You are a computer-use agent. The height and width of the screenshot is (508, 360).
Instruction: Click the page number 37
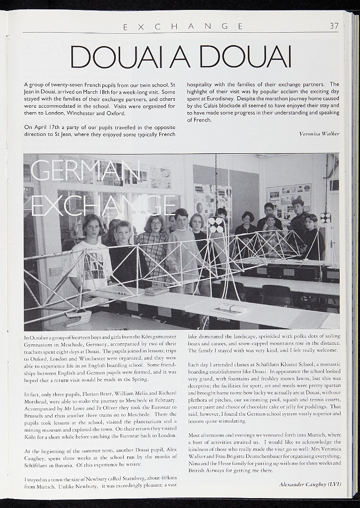pos(334,26)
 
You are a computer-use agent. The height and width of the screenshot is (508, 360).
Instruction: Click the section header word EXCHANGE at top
pos(183,26)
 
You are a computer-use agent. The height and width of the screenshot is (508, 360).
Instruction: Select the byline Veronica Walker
pos(319,134)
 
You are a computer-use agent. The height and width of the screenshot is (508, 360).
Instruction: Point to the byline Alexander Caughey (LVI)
pos(310,484)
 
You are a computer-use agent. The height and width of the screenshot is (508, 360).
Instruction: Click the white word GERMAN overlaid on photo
pos(85,171)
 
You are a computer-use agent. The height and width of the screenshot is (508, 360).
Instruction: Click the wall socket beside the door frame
pos(56,271)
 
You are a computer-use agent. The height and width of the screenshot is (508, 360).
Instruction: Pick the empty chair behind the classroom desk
pos(277,295)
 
